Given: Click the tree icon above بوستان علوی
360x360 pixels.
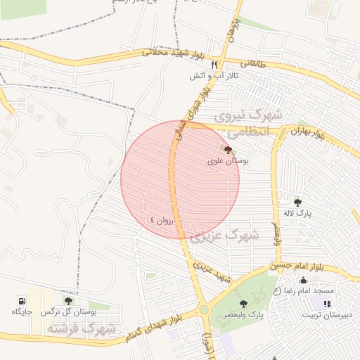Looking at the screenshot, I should coord(226,150).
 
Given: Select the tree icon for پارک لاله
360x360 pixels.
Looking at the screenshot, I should coord(297,202).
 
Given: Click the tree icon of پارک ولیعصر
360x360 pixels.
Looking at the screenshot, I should coord(243,304).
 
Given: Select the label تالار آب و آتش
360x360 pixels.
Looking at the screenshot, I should coord(213,75).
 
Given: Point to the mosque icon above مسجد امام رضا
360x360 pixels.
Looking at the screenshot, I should coord(303,281).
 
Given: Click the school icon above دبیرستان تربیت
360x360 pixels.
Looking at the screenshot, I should coord(326,304).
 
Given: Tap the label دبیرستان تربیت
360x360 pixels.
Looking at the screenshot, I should coord(330,314).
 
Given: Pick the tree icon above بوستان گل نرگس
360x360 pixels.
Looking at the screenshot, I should coord(68,300).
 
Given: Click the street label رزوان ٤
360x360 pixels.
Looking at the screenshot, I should coord(165,219).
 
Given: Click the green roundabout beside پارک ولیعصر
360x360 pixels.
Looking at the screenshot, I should coord(204,309).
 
